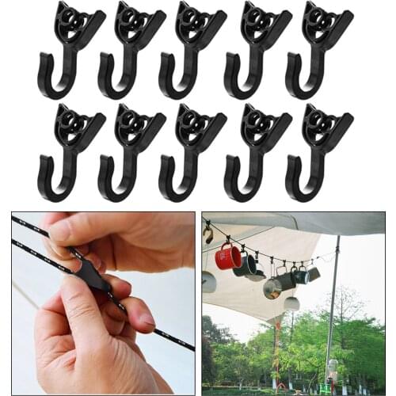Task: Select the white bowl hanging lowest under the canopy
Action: (291, 303)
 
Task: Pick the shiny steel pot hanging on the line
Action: (272, 287)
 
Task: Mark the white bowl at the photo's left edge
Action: (208, 281)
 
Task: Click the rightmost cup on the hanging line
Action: (314, 274)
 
